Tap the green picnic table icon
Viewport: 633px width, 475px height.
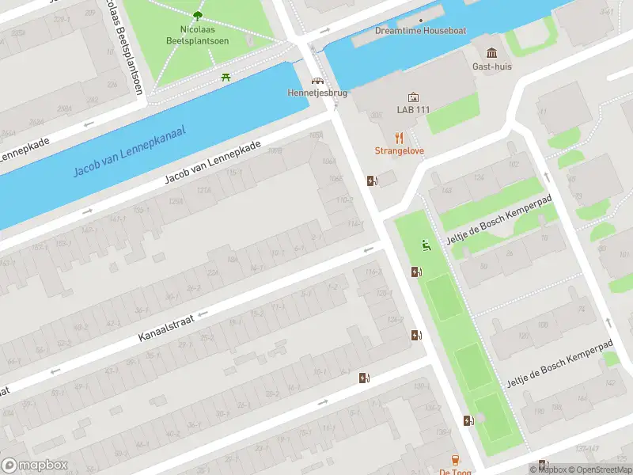pyautogui.click(x=227, y=77)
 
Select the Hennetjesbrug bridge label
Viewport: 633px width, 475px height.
pyautogui.click(x=316, y=93)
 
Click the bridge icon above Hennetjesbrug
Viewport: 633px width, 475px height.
pyautogui.click(x=317, y=81)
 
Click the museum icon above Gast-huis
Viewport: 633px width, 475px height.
pyautogui.click(x=492, y=53)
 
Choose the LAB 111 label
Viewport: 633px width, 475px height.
pyautogui.click(x=413, y=109)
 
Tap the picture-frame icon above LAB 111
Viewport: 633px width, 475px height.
pyautogui.click(x=413, y=97)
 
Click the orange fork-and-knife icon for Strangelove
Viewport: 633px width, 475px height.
pyautogui.click(x=399, y=136)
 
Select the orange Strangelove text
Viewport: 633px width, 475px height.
pyautogui.click(x=399, y=150)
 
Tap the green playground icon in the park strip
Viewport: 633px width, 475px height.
pyautogui.click(x=426, y=245)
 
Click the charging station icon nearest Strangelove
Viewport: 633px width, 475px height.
pyautogui.click(x=372, y=180)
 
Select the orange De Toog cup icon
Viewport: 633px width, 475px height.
pyautogui.click(x=455, y=460)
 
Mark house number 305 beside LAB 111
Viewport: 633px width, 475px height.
pyautogui.click(x=375, y=115)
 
